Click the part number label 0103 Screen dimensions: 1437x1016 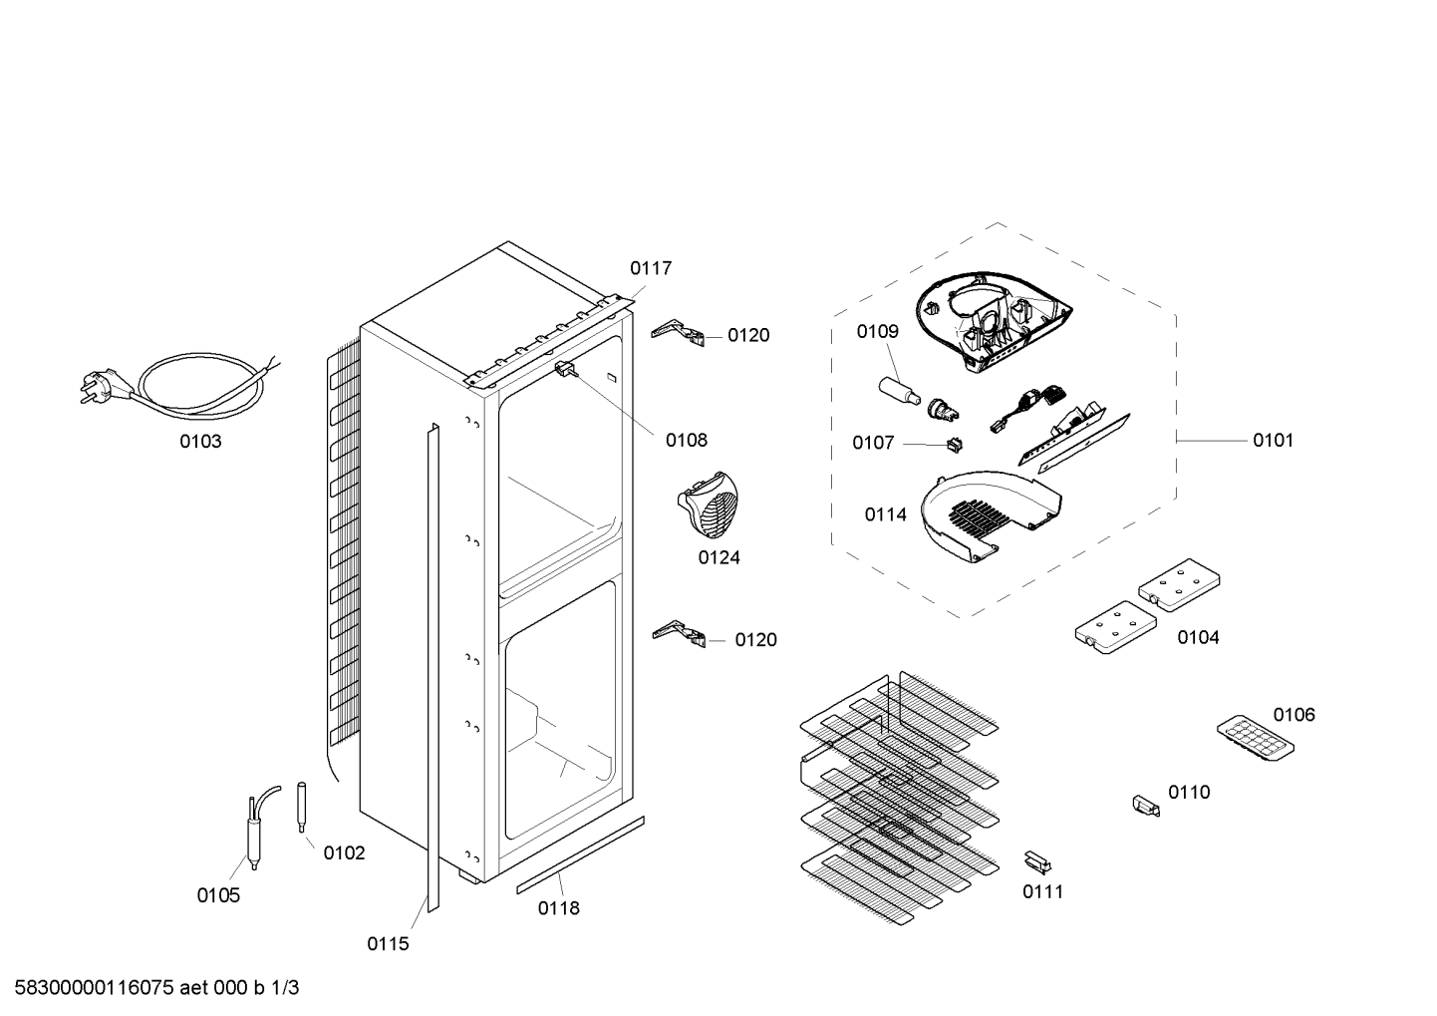point(200,442)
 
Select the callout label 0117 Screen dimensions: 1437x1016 point(651,268)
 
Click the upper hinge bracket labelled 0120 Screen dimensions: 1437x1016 point(678,333)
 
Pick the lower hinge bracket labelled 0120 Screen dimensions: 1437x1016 point(679,633)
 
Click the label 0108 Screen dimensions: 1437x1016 point(687,441)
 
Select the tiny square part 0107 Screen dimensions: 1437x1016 point(956,444)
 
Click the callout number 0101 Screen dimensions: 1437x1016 point(1274,441)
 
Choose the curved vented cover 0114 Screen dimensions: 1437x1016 point(990,516)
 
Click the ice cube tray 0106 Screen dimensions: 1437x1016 point(1255,738)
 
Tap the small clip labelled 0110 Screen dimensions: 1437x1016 point(1146,807)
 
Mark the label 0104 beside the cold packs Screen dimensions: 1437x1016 point(1199,637)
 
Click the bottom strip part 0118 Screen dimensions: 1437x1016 point(581,854)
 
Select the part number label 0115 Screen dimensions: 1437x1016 point(388,944)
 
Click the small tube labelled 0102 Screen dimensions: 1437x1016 point(302,807)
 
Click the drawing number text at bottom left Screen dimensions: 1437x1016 point(156,988)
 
